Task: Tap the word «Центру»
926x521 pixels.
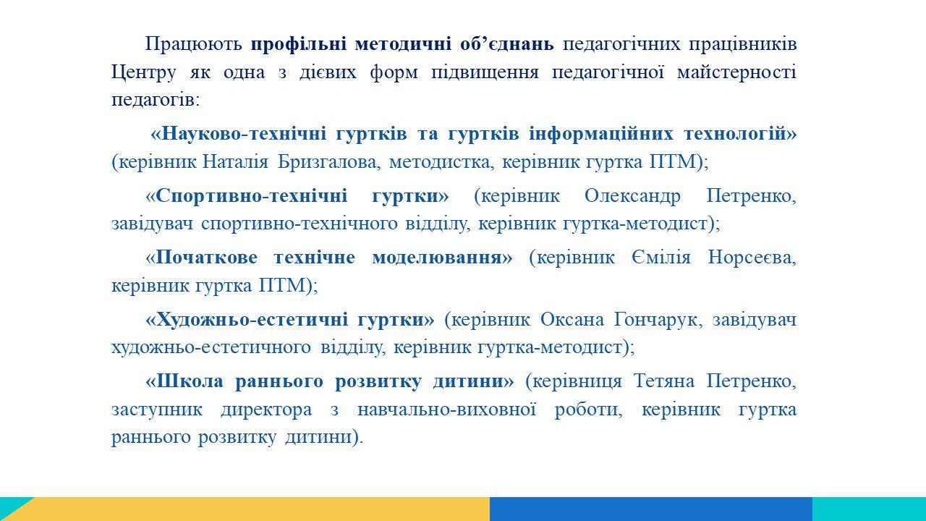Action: pos(144,73)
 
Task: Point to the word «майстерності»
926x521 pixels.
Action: pos(736,73)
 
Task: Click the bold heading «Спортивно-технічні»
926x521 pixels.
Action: pos(251,196)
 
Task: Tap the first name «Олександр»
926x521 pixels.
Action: pos(632,196)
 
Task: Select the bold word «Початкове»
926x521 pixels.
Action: pos(207,258)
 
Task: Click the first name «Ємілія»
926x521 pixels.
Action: pos(661,258)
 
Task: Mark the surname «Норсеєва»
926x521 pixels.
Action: pos(752,258)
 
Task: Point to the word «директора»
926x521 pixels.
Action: pos(266,410)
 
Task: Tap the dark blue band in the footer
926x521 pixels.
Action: pos(651,509)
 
